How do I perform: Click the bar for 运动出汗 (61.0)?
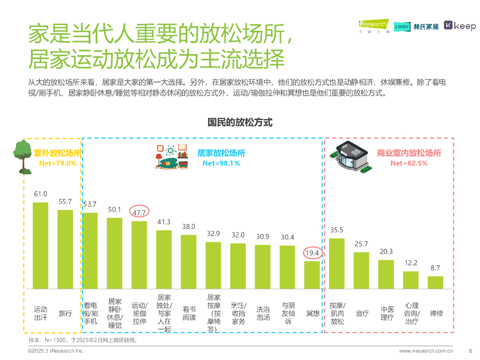40,245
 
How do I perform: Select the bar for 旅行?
65,249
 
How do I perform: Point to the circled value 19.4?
312,253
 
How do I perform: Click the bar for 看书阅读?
188,262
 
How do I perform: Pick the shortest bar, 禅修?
435,282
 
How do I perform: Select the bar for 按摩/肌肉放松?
337,263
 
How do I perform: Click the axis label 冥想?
313,313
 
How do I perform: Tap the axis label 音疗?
362,313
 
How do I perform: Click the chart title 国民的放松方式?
240,122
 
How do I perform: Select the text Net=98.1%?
221,163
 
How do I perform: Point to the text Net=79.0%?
58,163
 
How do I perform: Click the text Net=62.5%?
409,163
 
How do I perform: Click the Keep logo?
460,26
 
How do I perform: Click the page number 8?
470,350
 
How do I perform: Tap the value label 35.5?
337,230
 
